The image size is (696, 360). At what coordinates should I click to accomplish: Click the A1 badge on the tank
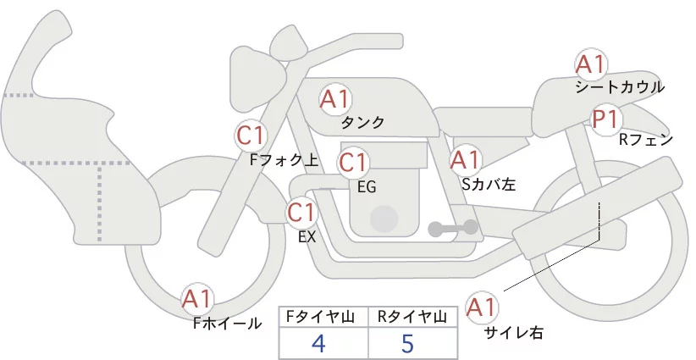click(x=335, y=99)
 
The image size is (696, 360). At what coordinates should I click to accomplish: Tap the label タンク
click(x=362, y=123)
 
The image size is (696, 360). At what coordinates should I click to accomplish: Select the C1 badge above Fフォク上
click(x=251, y=136)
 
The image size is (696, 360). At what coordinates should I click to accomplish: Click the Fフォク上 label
click(x=284, y=160)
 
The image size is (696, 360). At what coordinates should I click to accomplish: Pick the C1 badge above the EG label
click(x=353, y=163)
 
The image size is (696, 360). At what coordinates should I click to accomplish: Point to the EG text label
click(x=367, y=187)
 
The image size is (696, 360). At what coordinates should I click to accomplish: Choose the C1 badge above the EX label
click(x=301, y=213)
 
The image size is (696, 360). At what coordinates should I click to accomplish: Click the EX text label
click(x=307, y=237)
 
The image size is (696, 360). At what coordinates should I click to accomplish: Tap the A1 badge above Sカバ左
click(x=465, y=160)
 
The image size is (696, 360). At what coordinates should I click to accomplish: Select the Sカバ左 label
click(x=489, y=184)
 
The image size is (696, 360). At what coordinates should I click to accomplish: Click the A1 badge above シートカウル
click(x=591, y=64)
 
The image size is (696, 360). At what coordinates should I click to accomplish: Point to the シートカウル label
click(x=620, y=87)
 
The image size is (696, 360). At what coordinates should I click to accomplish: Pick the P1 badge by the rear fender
click(x=606, y=119)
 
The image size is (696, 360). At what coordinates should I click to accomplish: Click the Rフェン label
click(x=646, y=141)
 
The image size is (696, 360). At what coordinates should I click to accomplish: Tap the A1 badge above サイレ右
click(x=482, y=307)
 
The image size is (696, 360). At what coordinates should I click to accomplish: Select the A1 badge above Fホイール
click(x=197, y=300)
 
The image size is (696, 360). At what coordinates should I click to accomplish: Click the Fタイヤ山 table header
click(x=320, y=317)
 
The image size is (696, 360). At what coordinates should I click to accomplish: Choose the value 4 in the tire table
click(x=318, y=343)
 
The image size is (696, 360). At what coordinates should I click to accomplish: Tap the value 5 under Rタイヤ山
click(x=407, y=343)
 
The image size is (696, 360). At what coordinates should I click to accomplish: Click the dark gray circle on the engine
click(x=384, y=219)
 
